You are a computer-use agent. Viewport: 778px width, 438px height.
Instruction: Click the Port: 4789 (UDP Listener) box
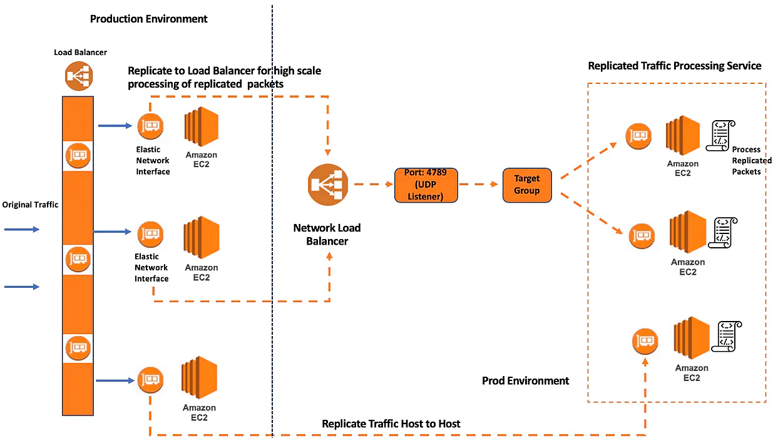pyautogui.click(x=426, y=185)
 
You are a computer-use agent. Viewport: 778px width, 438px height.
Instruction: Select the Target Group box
pyautogui.click(x=527, y=185)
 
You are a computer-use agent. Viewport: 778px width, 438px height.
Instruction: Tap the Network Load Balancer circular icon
pyautogui.click(x=326, y=185)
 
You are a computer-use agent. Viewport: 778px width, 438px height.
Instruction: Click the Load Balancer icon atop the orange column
pyautogui.click(x=78, y=76)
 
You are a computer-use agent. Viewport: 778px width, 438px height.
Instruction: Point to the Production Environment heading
pyautogui.click(x=148, y=19)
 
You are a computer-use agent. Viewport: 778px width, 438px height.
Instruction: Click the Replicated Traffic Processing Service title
pyautogui.click(x=674, y=66)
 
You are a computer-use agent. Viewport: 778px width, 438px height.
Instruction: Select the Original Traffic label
pyautogui.click(x=30, y=205)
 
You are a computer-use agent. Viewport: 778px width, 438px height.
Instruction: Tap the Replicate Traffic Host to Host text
pyautogui.click(x=391, y=424)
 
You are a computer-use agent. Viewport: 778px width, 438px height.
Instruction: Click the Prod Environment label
pyautogui.click(x=525, y=380)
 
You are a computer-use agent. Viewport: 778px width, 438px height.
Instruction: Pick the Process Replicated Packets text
pyautogui.click(x=751, y=160)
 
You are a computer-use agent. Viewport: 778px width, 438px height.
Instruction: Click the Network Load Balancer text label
pyautogui.click(x=327, y=234)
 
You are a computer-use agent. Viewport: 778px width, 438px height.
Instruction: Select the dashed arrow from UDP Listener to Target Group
pyautogui.click(x=480, y=185)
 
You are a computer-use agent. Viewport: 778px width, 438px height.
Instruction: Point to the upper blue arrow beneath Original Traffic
pyautogui.click(x=22, y=230)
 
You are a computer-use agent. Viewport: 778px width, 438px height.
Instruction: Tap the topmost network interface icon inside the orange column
pyautogui.click(x=78, y=154)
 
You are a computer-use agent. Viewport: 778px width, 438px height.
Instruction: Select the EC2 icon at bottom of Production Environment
pyautogui.click(x=199, y=378)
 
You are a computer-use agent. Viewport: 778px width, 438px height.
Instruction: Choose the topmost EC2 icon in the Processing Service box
pyautogui.click(x=682, y=136)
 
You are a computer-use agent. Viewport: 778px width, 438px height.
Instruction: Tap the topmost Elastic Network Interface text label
pyautogui.click(x=153, y=160)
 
